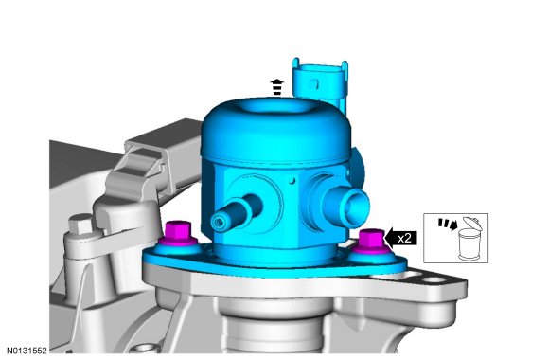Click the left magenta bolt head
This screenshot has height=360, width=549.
pos(178,232)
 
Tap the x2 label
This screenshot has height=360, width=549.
pos(404,239)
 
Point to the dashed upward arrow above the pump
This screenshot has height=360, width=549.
pos(277,87)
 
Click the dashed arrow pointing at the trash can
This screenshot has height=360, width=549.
pos(448,225)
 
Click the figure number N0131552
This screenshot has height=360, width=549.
pos(27,351)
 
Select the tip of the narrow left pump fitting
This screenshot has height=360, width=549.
pos(220,223)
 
